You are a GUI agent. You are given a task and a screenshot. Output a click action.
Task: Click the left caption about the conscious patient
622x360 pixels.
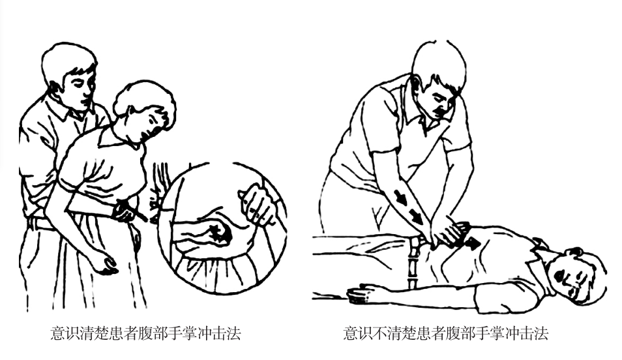(x=145, y=333)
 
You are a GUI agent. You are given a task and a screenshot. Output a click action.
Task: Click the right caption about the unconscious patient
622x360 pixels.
(x=445, y=333)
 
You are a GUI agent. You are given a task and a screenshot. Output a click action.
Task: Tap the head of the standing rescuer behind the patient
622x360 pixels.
(x=70, y=76)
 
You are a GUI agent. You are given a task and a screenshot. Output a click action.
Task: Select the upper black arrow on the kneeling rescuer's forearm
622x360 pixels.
(x=401, y=197)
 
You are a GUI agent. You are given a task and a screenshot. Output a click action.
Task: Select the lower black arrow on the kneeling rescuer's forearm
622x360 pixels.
(x=416, y=217)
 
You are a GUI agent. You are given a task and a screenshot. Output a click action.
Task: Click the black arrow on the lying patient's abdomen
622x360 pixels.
(x=471, y=243)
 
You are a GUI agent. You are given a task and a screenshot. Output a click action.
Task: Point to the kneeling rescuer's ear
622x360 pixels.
(x=417, y=83)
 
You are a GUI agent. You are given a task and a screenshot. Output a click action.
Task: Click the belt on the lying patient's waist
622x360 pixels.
(x=413, y=262)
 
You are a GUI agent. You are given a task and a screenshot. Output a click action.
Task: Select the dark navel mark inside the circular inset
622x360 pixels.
(x=221, y=234)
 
